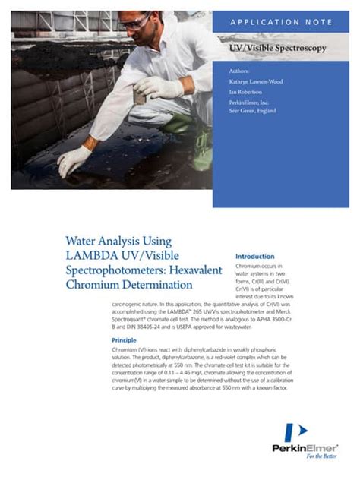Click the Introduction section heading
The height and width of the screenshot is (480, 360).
tap(255, 256)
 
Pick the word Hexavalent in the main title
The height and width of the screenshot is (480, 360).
tap(193, 270)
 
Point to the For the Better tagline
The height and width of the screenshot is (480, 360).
tap(322, 457)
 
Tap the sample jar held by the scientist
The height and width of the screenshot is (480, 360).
tap(141, 96)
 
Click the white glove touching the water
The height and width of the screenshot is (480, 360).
tap(74, 159)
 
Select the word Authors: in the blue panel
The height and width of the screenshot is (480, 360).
tap(238, 71)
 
